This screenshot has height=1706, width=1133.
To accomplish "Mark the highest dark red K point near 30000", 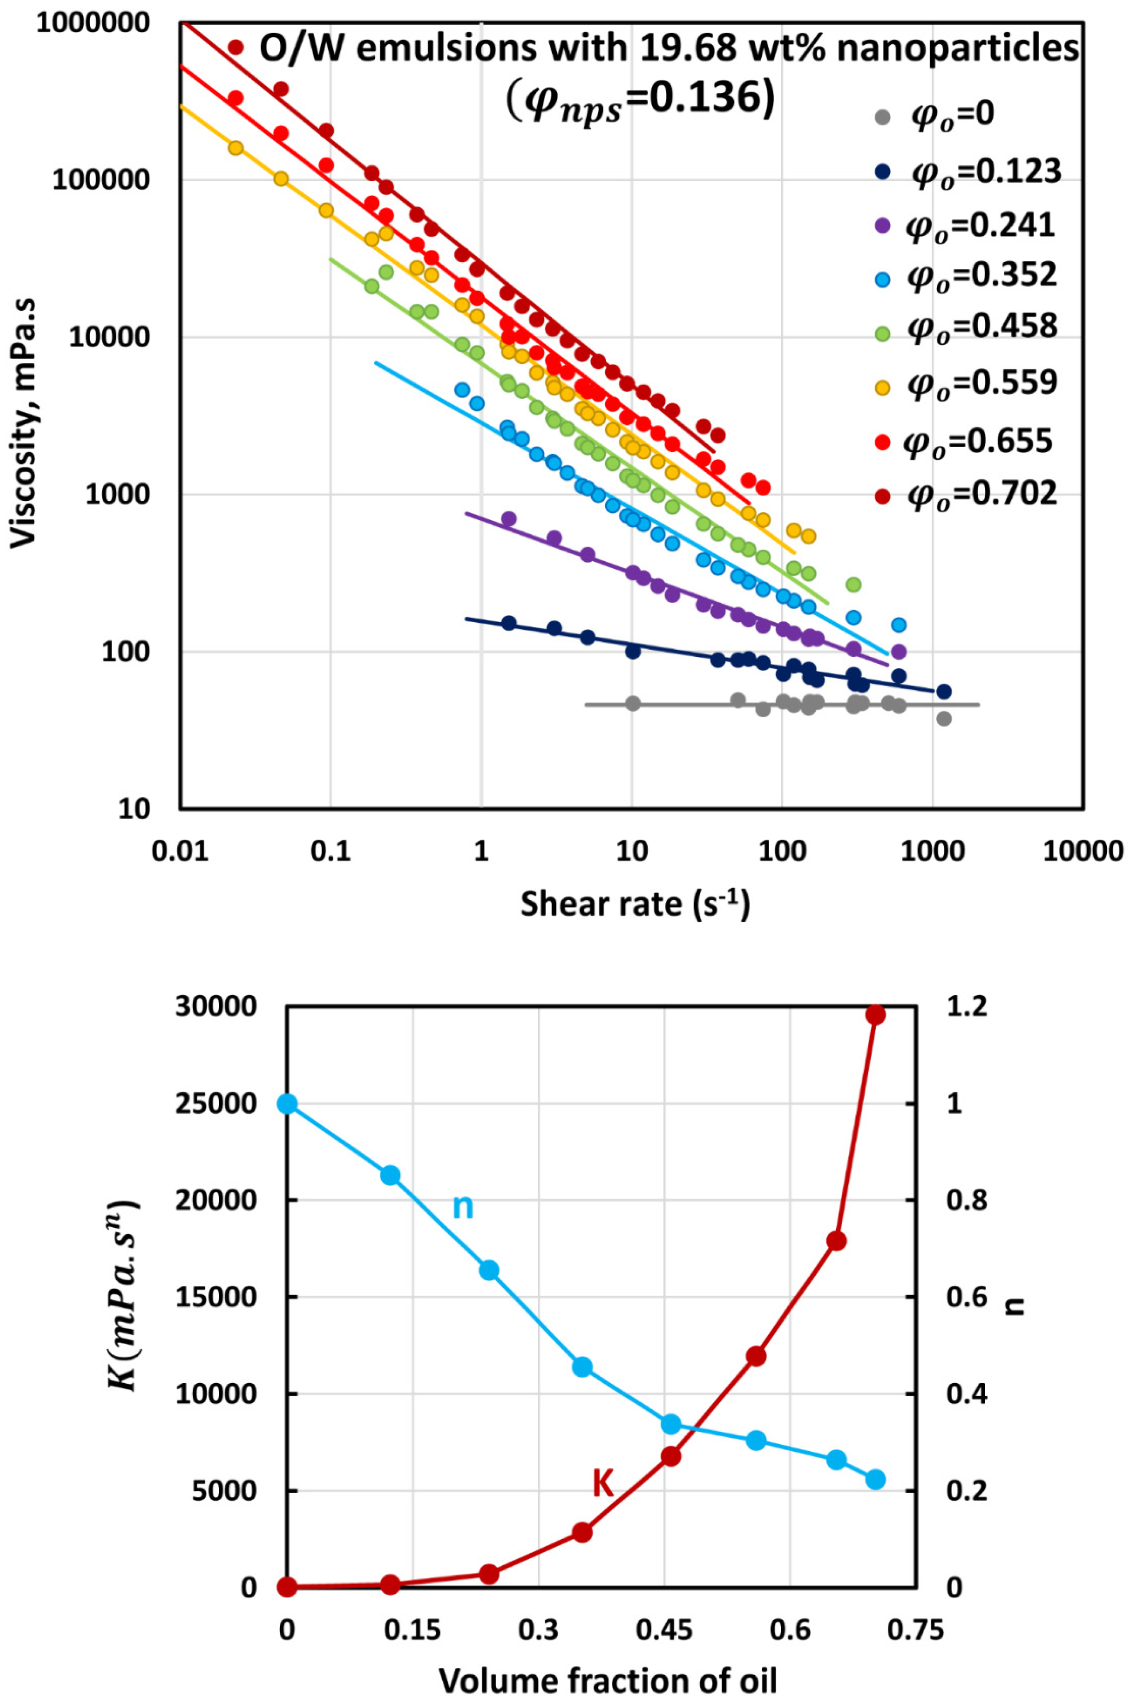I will click(x=875, y=1014).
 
